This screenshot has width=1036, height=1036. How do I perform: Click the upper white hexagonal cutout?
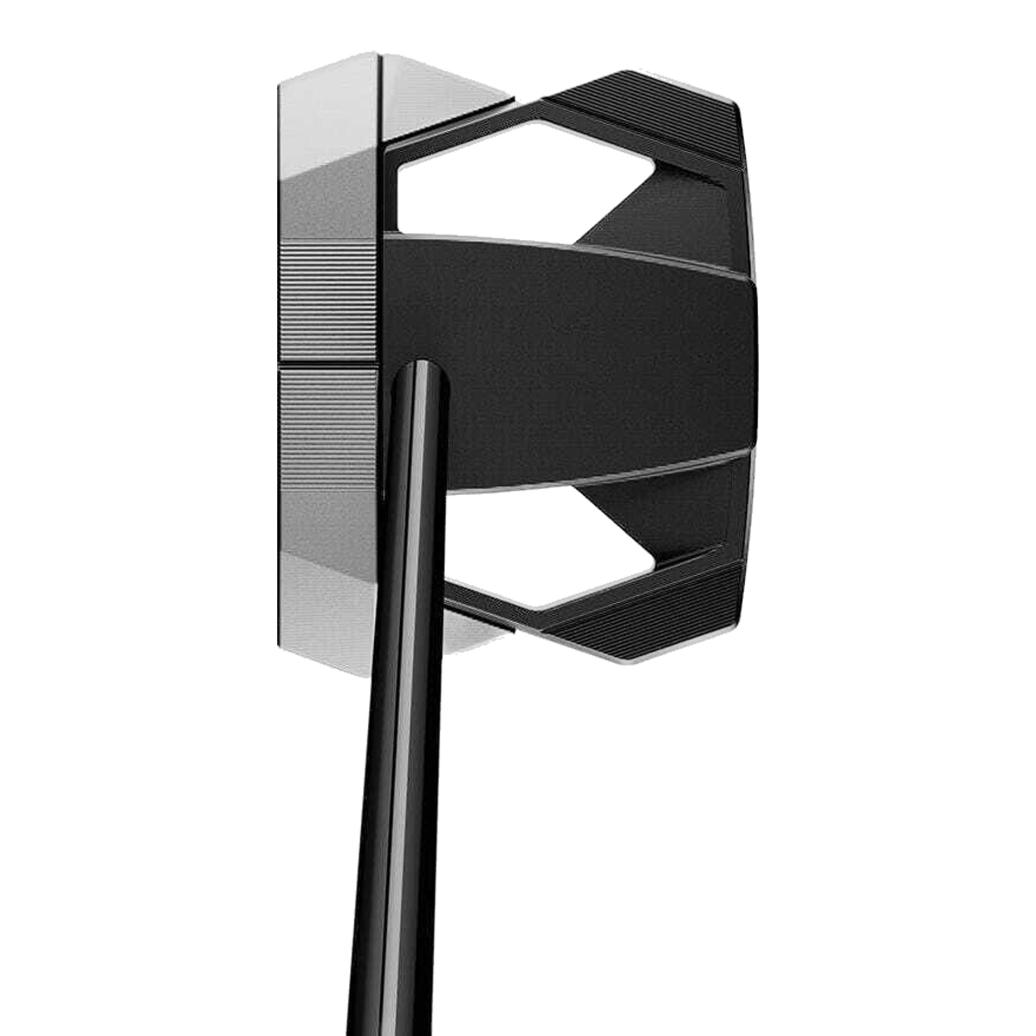click(515, 177)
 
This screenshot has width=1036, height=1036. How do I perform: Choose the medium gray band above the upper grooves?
click(327, 204)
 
